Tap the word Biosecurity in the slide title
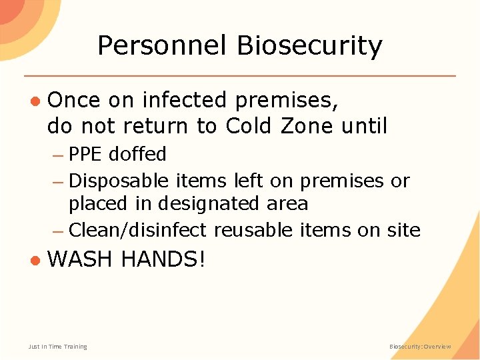coord(309,46)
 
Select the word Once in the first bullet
coord(74,101)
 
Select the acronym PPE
coord(86,155)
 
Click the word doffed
coord(137,155)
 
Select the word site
coord(403,230)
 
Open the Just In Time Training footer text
coord(58,347)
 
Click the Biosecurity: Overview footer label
coord(420,347)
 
